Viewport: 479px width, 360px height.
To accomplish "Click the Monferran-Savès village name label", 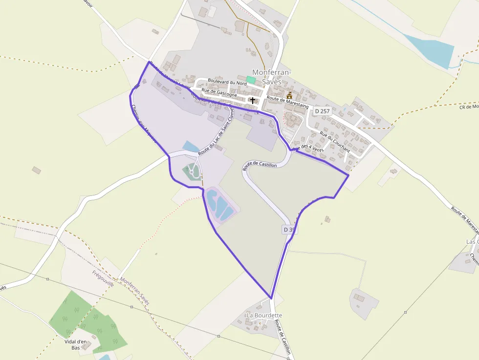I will [271, 77].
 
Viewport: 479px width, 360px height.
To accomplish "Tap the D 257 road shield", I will [322, 111].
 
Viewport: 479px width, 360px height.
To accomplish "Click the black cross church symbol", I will [252, 100].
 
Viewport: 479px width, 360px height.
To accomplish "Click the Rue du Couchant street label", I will [335, 141].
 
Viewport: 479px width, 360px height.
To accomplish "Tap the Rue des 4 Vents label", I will [308, 147].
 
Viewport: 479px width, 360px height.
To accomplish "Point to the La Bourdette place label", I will [264, 316].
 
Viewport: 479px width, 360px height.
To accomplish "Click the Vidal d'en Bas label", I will [75, 345].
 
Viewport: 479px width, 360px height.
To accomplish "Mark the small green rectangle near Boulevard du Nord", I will [251, 79].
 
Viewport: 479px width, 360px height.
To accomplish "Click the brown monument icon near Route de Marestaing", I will [289, 95].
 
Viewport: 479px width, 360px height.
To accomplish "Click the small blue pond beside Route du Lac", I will [190, 146].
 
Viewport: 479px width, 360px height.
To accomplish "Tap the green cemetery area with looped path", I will [191, 171].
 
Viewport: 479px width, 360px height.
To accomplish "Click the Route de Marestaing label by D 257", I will [287, 100].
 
